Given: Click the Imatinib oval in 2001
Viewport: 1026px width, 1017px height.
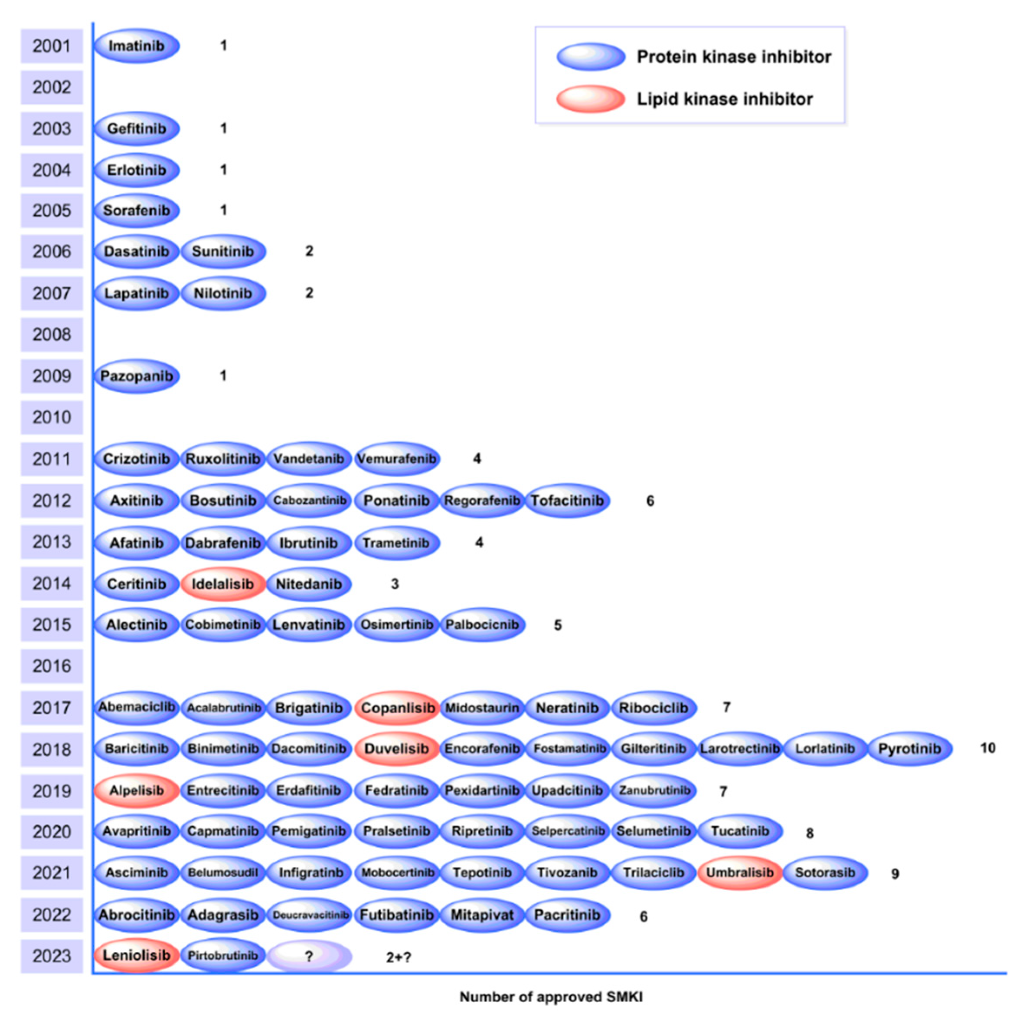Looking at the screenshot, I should pos(137,46).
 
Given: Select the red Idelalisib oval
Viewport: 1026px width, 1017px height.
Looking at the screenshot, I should pos(222,584).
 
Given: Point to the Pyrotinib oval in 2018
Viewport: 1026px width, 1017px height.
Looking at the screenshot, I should pos(909,749).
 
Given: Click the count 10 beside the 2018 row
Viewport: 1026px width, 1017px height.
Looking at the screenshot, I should pos(987,748).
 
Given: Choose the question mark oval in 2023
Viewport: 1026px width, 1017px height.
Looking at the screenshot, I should pos(309,956).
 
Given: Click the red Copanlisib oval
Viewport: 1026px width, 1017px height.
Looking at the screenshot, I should pos(397,708).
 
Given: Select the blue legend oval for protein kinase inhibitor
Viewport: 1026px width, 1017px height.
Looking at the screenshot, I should pos(591,57).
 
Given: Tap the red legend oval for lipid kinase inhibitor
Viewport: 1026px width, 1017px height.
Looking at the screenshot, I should pos(591,99).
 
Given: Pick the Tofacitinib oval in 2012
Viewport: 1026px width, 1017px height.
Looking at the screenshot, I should pos(567,501).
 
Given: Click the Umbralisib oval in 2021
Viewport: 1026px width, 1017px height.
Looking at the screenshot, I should pos(739,873).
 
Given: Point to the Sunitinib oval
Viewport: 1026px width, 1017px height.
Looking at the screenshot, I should pos(222,251).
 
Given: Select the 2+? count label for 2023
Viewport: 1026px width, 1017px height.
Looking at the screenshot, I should pos(398,957).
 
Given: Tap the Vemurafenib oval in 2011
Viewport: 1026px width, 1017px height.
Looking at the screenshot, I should pos(396,459).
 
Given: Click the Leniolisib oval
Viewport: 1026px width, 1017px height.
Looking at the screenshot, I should pos(137,955).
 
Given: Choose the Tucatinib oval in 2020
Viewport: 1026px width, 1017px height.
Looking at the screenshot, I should pos(739,831).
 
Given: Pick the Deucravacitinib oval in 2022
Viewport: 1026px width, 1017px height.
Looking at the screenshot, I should pos(310,915).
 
